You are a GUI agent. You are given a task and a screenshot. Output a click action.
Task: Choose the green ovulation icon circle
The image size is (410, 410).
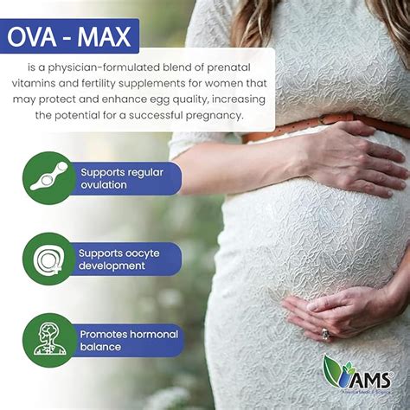coord(48,177)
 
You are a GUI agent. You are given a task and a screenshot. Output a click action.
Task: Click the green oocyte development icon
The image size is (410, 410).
coord(48,258)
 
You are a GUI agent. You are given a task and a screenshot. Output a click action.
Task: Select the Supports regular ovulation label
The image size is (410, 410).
coord(121,178)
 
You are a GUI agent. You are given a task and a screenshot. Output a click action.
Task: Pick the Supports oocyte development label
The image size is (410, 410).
coord(121,259)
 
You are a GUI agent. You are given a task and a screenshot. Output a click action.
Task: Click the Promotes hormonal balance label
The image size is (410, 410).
coord(128,340)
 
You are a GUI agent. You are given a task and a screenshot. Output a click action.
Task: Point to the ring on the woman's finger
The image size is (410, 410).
coord(326,333)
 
